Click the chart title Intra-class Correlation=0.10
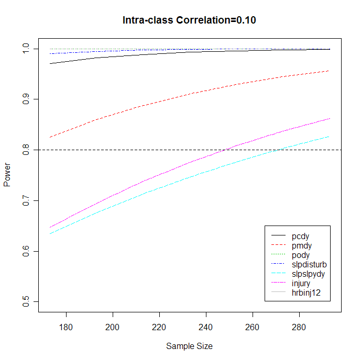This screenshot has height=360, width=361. coord(189,21)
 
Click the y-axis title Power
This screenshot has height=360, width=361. coord(7,176)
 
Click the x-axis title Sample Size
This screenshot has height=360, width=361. coord(189,346)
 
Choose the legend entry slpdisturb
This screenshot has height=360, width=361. coord(309,265)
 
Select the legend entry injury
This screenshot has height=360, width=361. coord(301,283)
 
